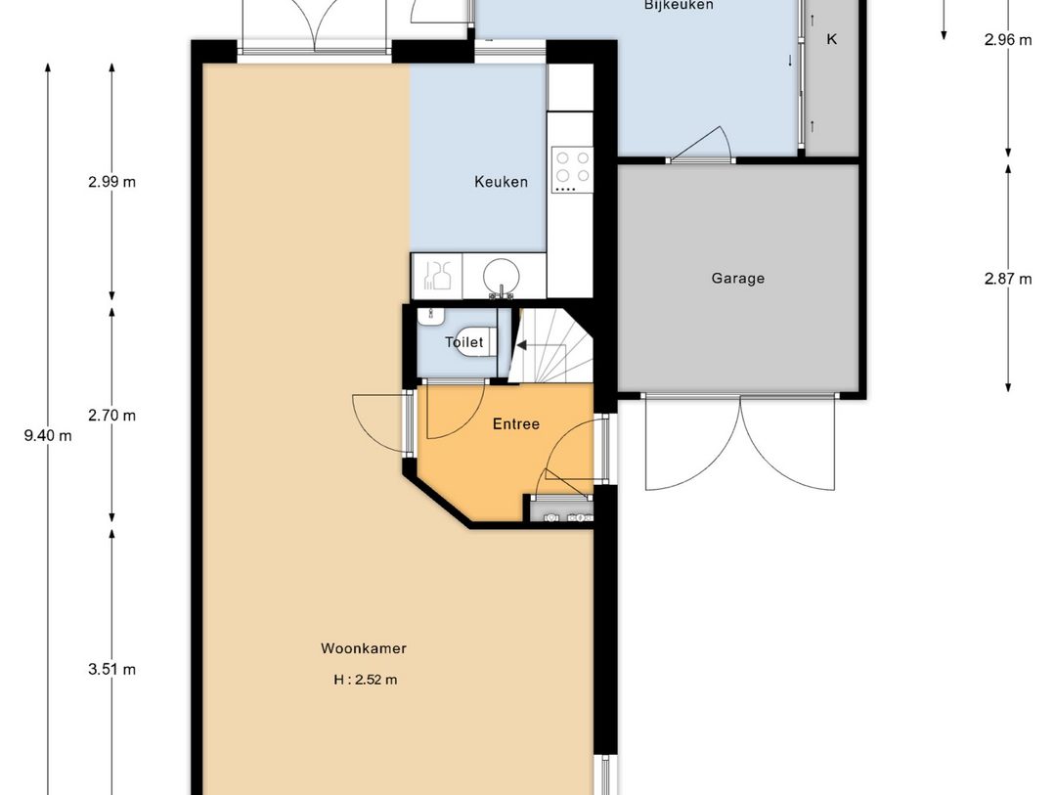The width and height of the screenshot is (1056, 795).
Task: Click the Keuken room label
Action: (x=501, y=182)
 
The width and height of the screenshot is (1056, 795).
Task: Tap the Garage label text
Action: (x=737, y=279)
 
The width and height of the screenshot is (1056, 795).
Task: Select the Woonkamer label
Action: (x=364, y=648)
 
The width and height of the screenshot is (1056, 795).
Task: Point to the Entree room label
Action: (x=516, y=423)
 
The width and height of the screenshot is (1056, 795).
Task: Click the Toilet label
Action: (x=464, y=342)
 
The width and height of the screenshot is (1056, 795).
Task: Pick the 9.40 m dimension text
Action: (x=48, y=435)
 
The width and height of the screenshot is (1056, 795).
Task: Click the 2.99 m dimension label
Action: (x=111, y=181)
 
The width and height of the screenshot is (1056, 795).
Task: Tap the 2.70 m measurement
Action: (x=111, y=415)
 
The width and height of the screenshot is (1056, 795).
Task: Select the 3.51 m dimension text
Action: (x=111, y=669)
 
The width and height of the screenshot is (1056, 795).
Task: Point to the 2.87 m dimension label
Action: (x=1007, y=279)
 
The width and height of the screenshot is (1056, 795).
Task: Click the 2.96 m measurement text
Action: (x=1007, y=40)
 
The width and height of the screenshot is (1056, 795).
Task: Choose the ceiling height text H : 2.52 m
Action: (x=365, y=680)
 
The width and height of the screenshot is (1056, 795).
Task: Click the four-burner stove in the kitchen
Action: (x=572, y=169)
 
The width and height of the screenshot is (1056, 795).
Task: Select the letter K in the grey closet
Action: (x=832, y=39)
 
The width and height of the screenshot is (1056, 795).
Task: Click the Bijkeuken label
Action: (x=679, y=6)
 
